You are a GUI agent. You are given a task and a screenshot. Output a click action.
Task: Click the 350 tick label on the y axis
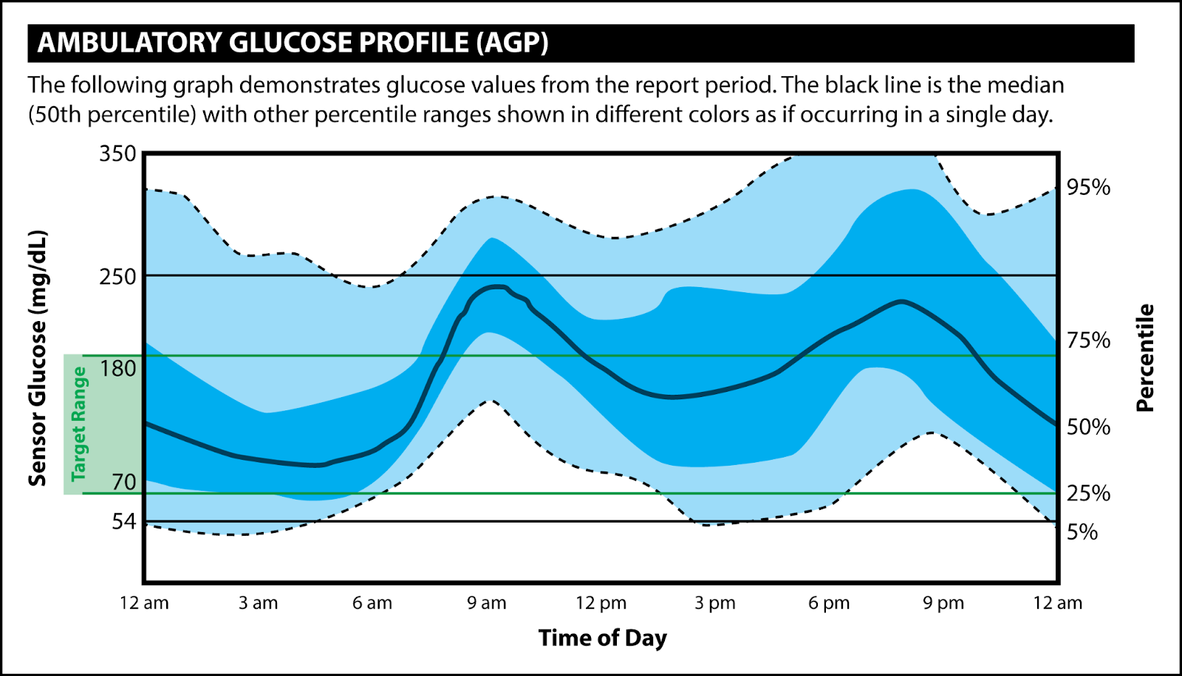(118, 154)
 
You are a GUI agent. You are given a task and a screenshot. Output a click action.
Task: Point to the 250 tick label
(118, 277)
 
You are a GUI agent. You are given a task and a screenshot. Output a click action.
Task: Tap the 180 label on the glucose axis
(118, 368)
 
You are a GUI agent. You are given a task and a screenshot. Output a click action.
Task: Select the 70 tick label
(124, 482)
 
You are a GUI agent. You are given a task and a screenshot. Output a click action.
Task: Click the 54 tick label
(124, 522)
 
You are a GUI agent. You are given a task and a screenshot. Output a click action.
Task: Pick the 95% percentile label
(1088, 187)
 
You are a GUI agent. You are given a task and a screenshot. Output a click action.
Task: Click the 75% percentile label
(1088, 340)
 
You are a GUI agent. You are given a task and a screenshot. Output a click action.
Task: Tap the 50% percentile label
(1088, 427)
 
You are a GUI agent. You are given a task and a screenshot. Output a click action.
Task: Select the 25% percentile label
(1088, 493)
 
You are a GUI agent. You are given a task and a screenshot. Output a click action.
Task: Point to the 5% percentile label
(1082, 532)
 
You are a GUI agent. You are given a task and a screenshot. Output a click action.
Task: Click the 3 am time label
(259, 603)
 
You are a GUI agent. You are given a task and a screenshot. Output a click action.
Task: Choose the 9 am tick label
(487, 603)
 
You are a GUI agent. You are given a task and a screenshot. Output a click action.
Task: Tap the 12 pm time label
(601, 603)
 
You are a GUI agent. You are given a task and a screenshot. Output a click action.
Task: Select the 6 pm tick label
(829, 603)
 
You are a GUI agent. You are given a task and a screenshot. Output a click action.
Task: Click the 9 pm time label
(943, 603)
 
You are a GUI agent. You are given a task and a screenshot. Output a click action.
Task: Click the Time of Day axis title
(602, 638)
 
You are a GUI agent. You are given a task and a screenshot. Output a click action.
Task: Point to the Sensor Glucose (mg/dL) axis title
(38, 359)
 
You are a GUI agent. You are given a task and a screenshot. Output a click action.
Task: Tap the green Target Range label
(78, 424)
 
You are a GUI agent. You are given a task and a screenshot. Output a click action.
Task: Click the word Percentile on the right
(1144, 358)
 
